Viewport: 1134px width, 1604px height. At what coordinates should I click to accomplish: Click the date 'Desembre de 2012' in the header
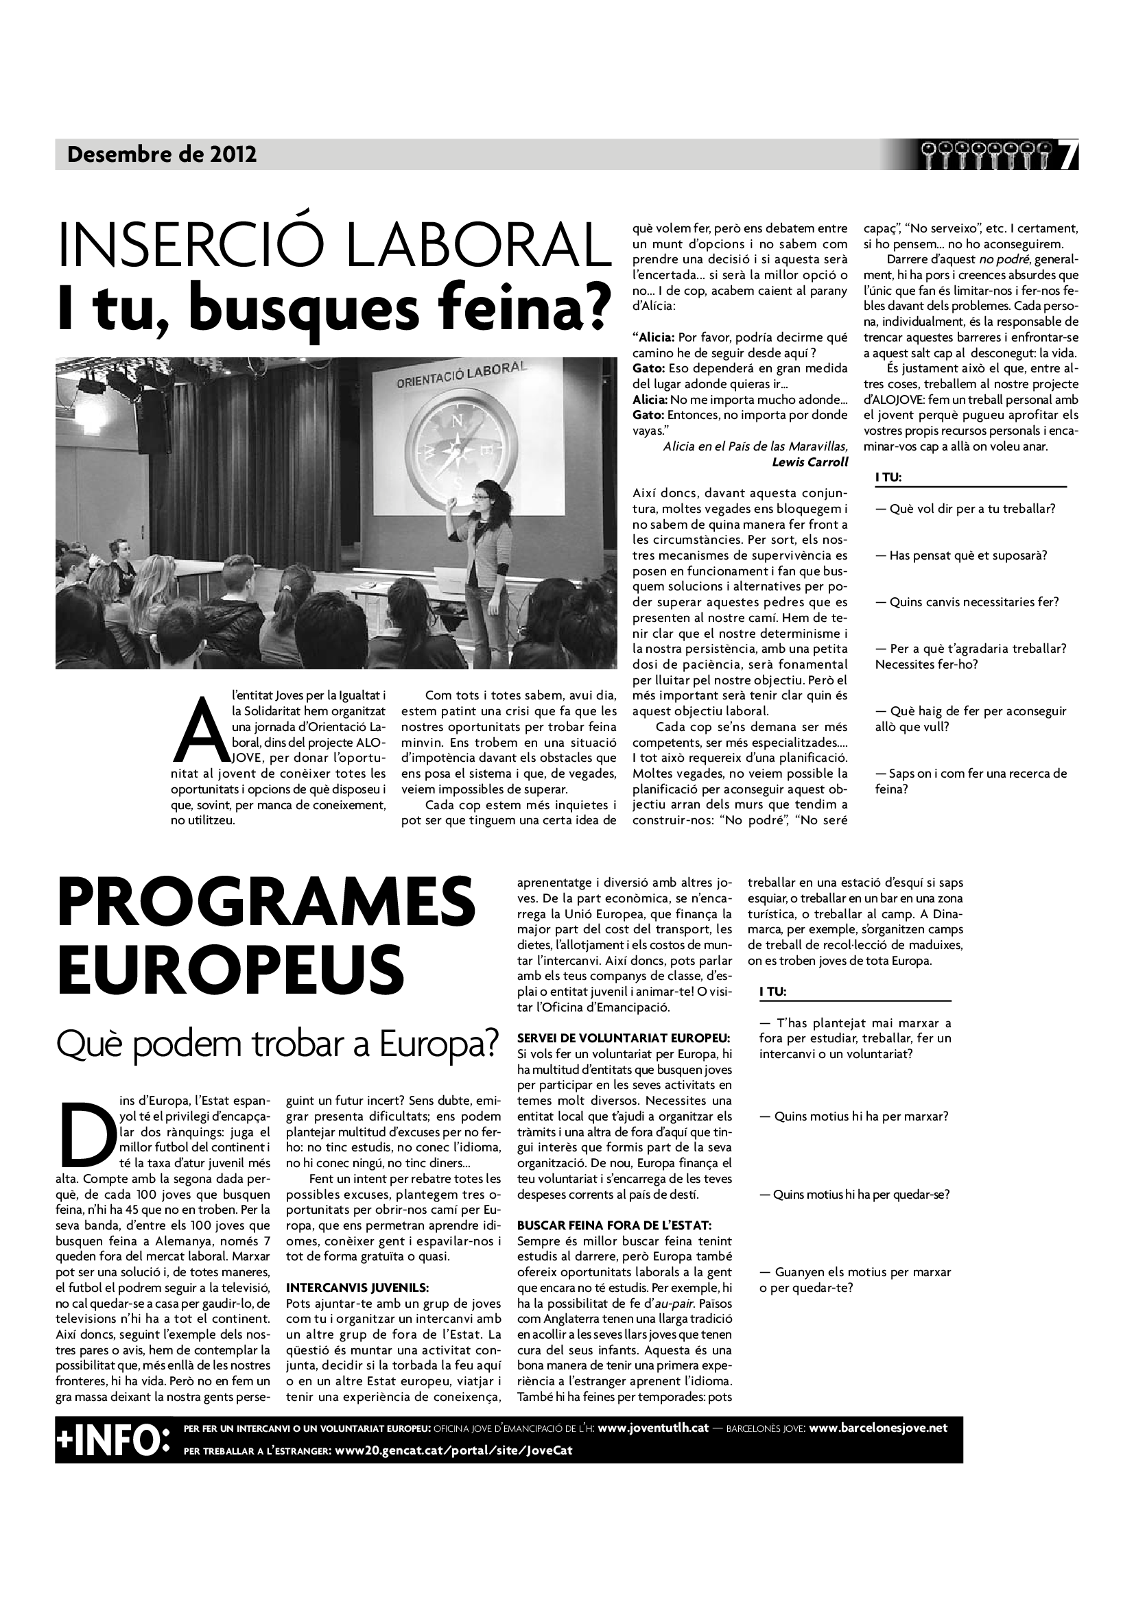162,154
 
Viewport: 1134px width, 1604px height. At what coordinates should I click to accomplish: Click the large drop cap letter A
200,739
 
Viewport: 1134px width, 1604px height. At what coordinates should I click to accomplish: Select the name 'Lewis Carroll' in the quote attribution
810,462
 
